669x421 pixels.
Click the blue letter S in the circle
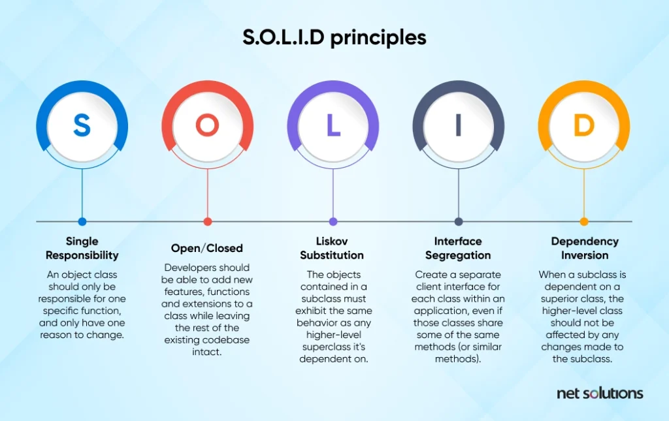(x=82, y=125)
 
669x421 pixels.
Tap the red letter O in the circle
(x=207, y=125)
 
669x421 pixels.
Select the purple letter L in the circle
(x=333, y=125)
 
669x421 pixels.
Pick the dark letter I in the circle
(x=459, y=125)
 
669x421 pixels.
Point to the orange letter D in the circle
(x=584, y=125)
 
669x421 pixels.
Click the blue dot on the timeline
(x=82, y=221)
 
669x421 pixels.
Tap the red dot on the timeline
(x=207, y=221)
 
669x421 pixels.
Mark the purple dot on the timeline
(x=333, y=221)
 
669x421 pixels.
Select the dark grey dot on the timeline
(x=459, y=221)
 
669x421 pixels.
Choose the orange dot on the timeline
(x=584, y=221)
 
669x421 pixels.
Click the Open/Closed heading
(x=207, y=249)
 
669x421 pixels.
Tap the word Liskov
(x=332, y=242)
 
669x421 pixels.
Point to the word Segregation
(x=458, y=256)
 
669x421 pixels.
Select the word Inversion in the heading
(x=585, y=255)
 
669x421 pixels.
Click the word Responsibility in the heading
(x=82, y=256)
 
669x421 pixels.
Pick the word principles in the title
(x=378, y=38)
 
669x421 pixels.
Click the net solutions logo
(x=600, y=393)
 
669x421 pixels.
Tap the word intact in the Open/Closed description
(x=207, y=352)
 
